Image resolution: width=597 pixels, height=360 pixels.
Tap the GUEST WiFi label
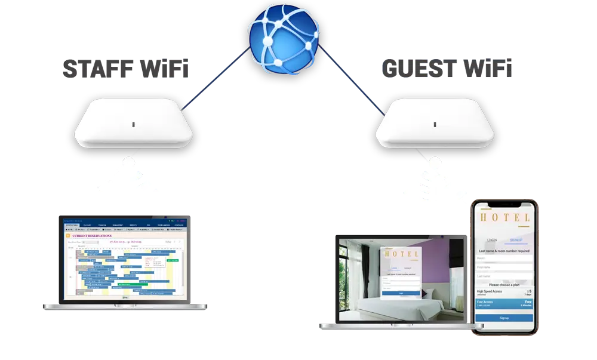tap(447, 69)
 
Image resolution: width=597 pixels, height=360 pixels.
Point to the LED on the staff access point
tap(133, 124)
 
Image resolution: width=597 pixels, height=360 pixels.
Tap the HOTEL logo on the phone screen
tap(505, 219)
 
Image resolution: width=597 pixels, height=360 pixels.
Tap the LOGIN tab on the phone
tap(492, 240)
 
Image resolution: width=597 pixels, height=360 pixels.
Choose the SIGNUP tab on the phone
tap(516, 240)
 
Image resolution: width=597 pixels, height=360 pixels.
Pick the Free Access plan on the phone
tap(504, 304)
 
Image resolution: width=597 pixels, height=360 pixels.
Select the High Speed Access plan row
tap(504, 293)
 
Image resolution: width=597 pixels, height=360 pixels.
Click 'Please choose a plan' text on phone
tap(505, 285)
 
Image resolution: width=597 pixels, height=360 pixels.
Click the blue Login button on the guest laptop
tap(401, 293)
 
